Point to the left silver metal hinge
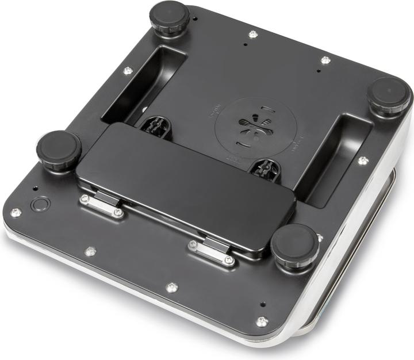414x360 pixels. click(x=102, y=205)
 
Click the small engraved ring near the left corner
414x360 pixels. click(x=40, y=204)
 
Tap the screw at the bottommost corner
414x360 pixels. click(x=262, y=321)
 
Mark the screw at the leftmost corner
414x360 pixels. click(x=16, y=212)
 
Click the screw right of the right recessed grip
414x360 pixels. click(x=362, y=160)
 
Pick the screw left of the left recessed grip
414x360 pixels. click(x=128, y=71)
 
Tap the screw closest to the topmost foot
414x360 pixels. click(x=252, y=35)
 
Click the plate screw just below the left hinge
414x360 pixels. click(x=90, y=251)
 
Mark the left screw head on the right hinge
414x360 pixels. click(x=193, y=244)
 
